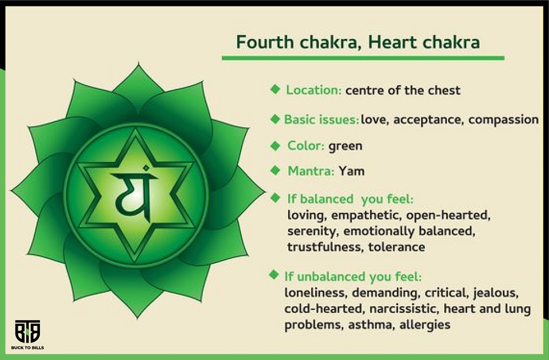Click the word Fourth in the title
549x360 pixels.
coord(265,42)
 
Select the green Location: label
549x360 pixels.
coord(313,90)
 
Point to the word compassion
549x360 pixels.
coord(503,120)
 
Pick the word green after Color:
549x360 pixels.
coord(345,146)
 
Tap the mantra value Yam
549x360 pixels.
coord(351,171)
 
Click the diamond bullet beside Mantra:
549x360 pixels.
coord(276,170)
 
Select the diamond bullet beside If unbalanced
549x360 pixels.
coord(273,274)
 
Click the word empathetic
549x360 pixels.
coord(366,215)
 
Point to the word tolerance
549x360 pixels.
coord(397,247)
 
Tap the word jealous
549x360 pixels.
coord(496,292)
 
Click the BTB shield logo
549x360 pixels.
coord(27,331)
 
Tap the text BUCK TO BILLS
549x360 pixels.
coord(27,348)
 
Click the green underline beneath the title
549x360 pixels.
coord(363,58)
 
